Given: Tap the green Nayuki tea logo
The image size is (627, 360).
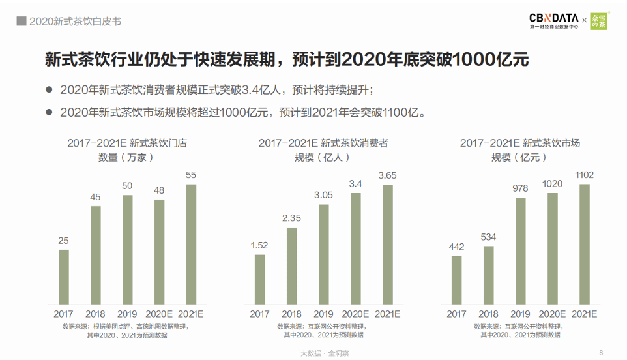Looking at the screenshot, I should (598, 21).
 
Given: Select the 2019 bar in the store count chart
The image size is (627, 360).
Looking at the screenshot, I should (128, 250).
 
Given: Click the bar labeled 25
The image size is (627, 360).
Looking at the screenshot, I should (64, 277).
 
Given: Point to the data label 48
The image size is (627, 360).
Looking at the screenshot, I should (159, 190).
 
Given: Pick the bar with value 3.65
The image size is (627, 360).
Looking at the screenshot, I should (387, 244).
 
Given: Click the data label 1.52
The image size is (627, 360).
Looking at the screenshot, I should (259, 245).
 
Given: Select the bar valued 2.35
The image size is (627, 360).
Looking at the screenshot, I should (291, 265).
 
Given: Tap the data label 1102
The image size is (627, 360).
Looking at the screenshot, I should (584, 175).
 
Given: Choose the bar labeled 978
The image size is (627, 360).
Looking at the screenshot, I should (520, 250).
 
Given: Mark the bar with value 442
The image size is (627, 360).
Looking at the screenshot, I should (456, 280).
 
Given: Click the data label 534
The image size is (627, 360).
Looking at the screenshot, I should (488, 237).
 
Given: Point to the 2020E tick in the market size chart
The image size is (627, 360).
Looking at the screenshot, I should (552, 314).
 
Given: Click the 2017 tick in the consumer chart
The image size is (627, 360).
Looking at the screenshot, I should (259, 314).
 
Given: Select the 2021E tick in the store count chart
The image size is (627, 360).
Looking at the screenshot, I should (191, 314).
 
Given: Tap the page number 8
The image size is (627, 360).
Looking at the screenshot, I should (601, 352).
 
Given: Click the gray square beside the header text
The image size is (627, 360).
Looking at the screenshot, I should (22, 22).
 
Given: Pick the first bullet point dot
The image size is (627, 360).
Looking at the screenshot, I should (48, 90).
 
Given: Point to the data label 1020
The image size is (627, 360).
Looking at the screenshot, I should (552, 184).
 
